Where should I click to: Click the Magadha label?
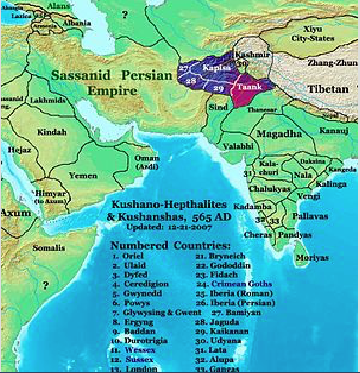click(x=279, y=133)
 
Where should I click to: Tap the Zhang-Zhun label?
click(x=332, y=63)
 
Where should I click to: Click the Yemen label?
click(x=83, y=175)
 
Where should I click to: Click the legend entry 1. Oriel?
click(x=128, y=256)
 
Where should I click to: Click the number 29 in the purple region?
click(x=218, y=88)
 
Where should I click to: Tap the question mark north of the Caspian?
click(x=124, y=15)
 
